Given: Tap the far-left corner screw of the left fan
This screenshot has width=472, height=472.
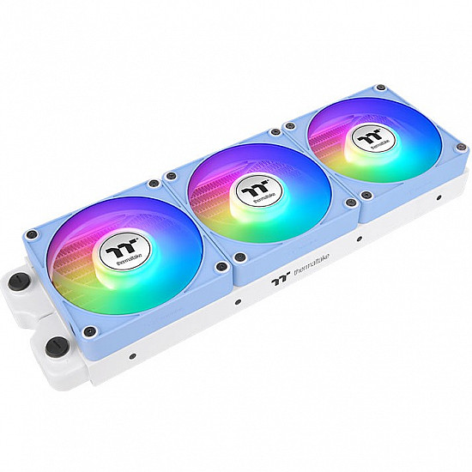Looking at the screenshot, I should (33, 233).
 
